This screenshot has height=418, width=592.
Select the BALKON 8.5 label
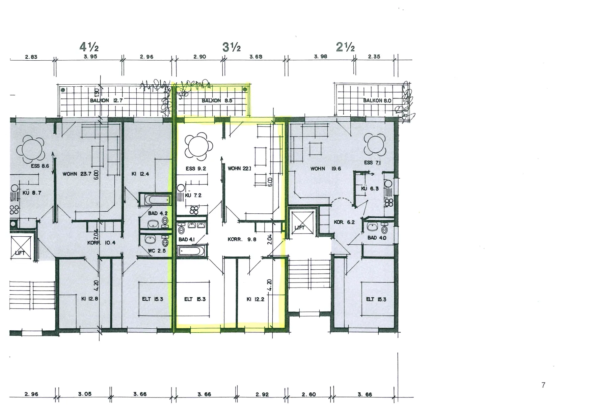217,100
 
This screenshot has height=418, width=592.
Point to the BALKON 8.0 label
377,100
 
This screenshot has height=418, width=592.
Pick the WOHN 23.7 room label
77,174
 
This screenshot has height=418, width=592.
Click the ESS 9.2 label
196,169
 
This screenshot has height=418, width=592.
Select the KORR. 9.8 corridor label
242,239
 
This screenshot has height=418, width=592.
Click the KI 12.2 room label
255,299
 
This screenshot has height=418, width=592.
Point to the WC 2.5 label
157,251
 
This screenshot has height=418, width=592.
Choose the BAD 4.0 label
377,238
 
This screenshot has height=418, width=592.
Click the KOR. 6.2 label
344,222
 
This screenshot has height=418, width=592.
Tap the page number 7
543,385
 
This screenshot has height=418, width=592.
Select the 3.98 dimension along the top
321,57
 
